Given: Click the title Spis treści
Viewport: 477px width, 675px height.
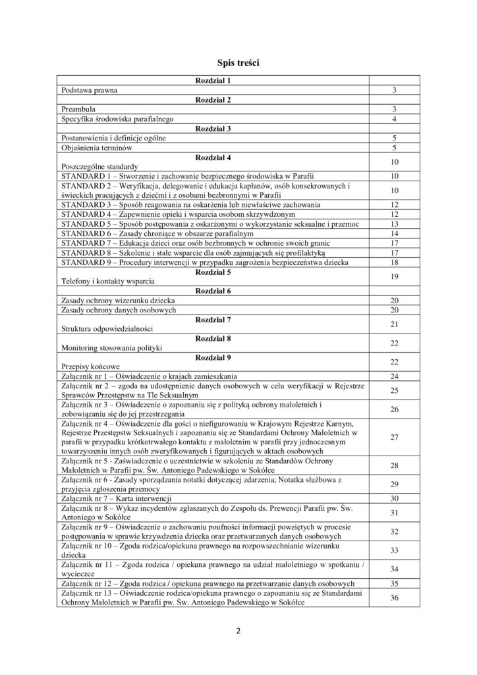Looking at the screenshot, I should tap(238, 63).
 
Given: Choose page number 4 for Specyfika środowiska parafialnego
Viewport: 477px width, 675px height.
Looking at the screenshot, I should tap(394, 119).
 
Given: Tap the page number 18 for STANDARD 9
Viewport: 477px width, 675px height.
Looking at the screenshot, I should tap(394, 262).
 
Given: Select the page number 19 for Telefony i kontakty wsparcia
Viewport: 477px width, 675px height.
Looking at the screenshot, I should tap(394, 276).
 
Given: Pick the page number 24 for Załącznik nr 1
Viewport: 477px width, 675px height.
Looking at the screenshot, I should tap(394, 376).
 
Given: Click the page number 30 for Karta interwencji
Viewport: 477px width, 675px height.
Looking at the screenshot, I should tap(394, 498).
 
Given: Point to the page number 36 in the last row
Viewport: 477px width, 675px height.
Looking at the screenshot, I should tap(394, 598).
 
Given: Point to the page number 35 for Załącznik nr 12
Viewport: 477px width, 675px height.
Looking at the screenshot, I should tap(394, 583).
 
